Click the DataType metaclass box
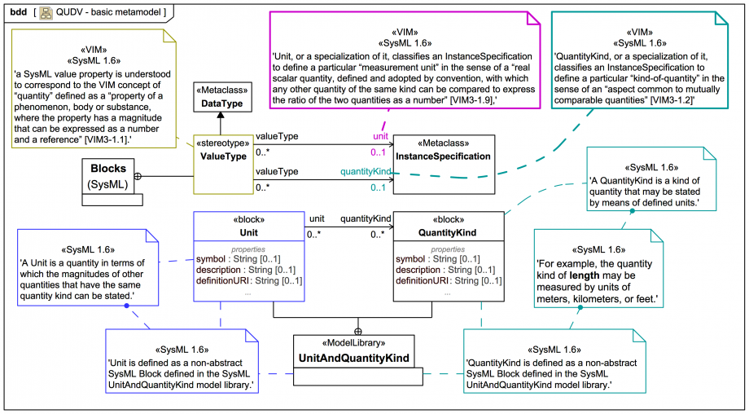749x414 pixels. click(x=222, y=96)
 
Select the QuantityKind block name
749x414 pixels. click(x=449, y=232)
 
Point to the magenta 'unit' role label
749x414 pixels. click(x=380, y=136)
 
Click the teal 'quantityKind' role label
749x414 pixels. click(x=366, y=171)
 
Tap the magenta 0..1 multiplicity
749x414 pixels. click(x=378, y=152)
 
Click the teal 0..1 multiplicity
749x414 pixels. click(x=378, y=188)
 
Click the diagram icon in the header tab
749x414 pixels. click(x=46, y=11)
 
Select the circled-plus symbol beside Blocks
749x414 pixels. click(x=138, y=175)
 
